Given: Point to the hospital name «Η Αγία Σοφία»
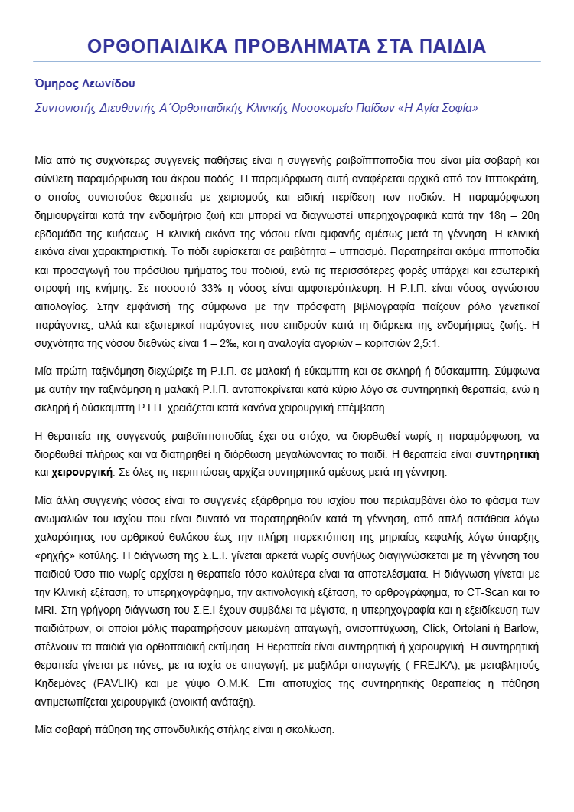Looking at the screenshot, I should (x=437, y=108).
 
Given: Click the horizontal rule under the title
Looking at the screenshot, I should (x=287, y=61).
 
